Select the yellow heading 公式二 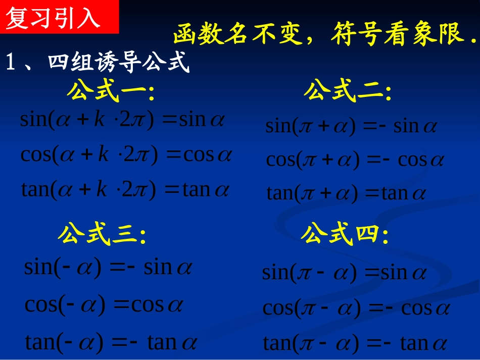click(348, 92)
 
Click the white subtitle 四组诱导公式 click(118, 63)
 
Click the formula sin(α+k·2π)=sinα click(122, 120)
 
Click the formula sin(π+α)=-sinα click(351, 126)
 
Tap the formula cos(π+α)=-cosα click(355, 160)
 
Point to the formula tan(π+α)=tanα click(347, 193)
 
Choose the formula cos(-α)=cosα click(104, 304)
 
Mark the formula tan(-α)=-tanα click(111, 343)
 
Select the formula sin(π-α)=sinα click(344, 273)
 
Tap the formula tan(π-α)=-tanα click(355, 344)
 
